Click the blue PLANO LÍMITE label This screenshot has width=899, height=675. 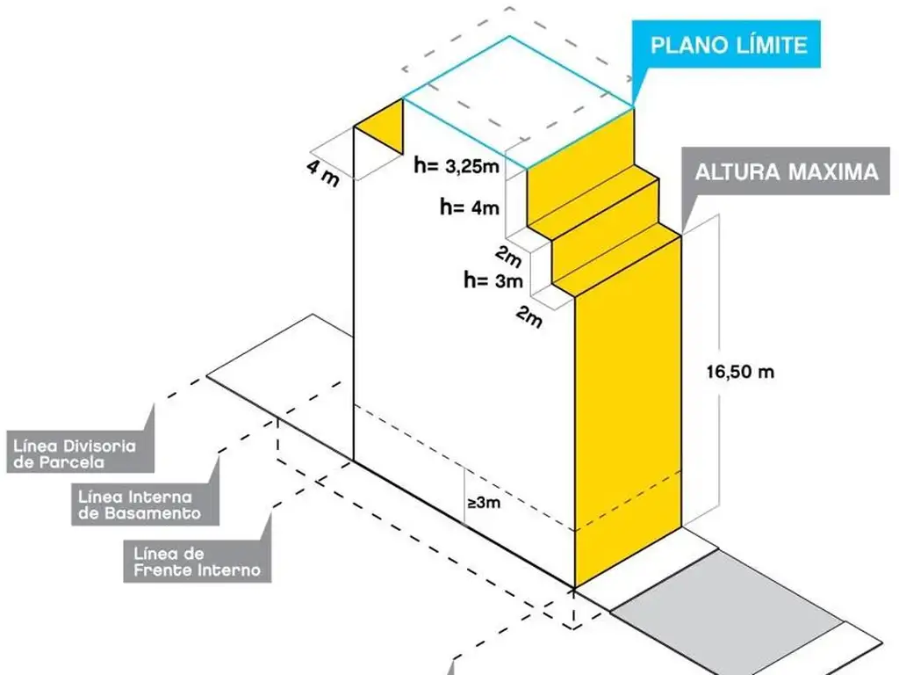(x=727, y=44)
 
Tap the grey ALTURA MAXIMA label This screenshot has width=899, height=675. (x=786, y=171)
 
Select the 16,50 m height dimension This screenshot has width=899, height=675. (x=740, y=371)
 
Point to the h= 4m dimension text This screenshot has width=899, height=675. (x=471, y=208)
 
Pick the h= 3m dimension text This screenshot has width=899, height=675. (x=493, y=281)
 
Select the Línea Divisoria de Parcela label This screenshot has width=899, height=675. (x=75, y=454)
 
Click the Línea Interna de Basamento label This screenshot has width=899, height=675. (x=139, y=504)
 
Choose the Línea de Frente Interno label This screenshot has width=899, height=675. (x=197, y=561)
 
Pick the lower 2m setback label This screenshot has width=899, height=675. (x=529, y=318)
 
